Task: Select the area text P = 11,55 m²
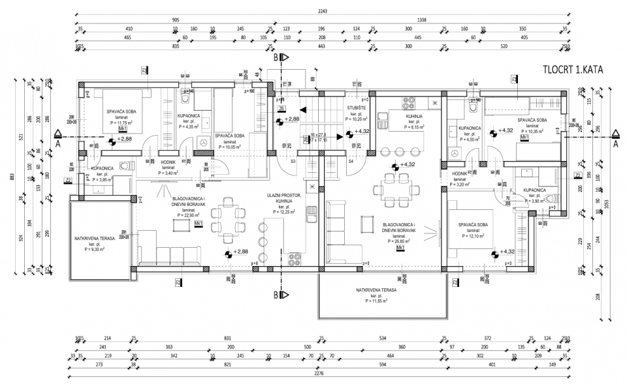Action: tap(375, 302)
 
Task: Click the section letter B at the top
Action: tap(276, 57)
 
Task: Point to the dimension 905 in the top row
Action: tap(176, 20)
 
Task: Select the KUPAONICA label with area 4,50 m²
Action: tap(470, 128)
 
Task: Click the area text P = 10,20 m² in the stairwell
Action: tap(357, 119)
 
